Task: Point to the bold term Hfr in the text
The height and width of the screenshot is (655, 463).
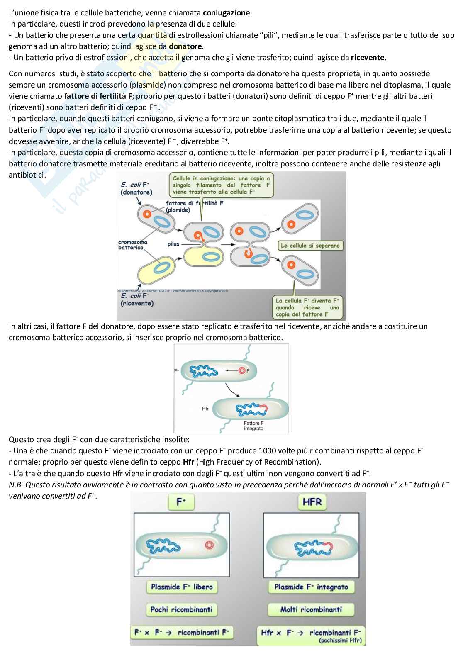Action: point(188,462)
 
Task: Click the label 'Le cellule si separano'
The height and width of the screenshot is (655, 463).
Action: point(310,246)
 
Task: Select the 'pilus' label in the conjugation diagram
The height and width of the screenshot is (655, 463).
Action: point(173,244)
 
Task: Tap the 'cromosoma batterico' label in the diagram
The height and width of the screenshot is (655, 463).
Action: point(132,245)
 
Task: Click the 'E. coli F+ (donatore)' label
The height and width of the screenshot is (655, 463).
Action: point(136,188)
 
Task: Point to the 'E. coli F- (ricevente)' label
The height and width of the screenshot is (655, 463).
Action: point(137,299)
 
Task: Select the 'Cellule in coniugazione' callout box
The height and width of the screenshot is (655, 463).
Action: point(221,185)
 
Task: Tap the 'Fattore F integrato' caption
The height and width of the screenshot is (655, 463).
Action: point(253,426)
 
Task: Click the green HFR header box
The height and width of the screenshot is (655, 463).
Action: point(312,502)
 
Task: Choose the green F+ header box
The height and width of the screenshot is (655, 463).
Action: point(181,502)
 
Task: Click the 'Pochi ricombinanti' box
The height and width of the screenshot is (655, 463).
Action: point(181,609)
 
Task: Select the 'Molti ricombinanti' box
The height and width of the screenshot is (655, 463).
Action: point(311,609)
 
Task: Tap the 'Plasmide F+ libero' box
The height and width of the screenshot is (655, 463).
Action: point(181,587)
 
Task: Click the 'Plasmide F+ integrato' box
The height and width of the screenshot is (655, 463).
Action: point(311,587)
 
